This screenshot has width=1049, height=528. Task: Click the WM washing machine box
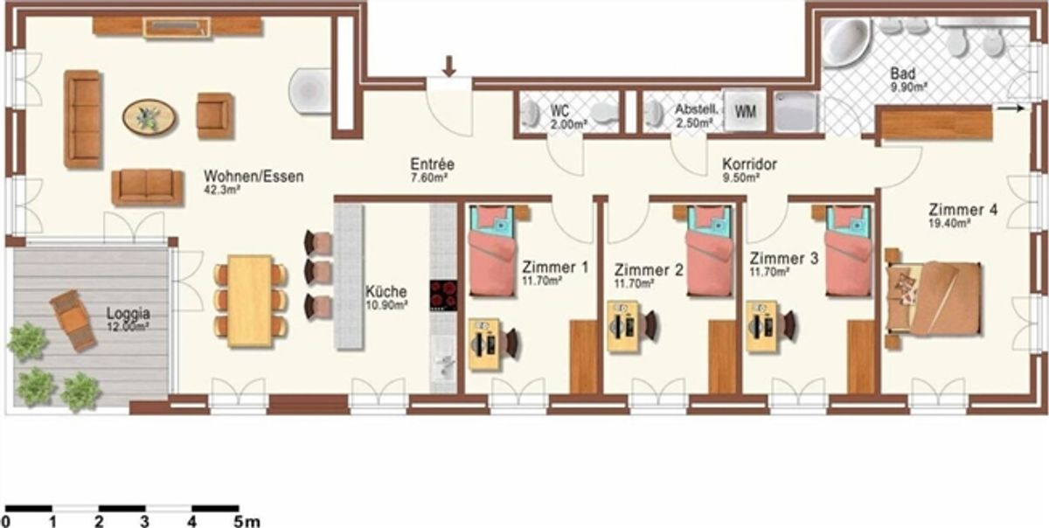click(745, 110)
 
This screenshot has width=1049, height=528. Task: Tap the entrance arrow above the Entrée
click(449, 66)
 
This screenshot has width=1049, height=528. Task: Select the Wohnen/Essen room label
click(254, 177)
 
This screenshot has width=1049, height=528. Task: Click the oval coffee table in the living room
click(149, 117)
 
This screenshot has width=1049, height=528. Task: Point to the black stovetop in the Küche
click(443, 295)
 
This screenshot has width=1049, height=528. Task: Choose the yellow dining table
click(250, 301)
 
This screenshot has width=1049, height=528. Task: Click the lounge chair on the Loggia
click(73, 320)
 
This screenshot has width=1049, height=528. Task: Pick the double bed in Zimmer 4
click(934, 298)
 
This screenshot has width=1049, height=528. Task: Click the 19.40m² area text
click(948, 224)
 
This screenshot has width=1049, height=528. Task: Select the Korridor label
click(749, 164)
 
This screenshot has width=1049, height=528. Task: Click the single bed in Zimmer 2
click(709, 251)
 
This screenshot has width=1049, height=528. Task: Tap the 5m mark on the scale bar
click(247, 521)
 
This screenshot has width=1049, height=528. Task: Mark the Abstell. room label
click(697, 109)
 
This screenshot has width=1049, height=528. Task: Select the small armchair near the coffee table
click(215, 115)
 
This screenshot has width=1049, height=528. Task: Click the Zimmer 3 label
click(784, 258)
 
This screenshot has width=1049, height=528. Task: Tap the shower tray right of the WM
click(795, 112)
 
